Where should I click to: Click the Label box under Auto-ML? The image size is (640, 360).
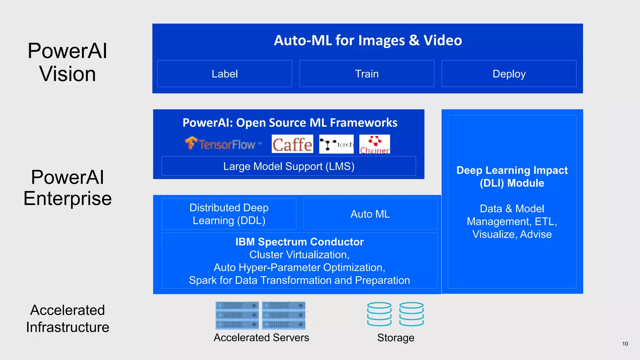tap(224, 74)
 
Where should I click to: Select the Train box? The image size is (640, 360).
tap(367, 74)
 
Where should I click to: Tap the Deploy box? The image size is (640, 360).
tap(509, 74)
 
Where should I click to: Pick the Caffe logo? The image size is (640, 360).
tap(292, 144)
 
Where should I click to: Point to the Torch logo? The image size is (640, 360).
tap(336, 144)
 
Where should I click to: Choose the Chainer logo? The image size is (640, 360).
tap(374, 144)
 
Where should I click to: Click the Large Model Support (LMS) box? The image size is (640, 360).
tap(289, 166)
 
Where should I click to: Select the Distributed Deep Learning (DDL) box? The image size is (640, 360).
tap(229, 214)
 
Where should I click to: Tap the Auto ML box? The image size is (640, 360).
tap(370, 214)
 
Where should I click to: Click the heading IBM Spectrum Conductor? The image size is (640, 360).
tap(299, 242)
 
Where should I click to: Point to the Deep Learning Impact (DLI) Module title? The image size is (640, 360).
tap(512, 177)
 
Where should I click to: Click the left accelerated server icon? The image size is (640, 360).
tap(237, 315)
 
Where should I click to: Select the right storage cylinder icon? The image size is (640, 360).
tap(411, 314)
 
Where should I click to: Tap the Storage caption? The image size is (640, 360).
tap(396, 338)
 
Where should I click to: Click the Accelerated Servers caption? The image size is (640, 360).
tap(261, 337)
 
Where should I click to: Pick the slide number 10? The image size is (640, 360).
tap(625, 344)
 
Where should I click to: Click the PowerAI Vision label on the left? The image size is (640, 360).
tap(67, 62)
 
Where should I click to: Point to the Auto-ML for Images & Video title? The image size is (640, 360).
tap(368, 40)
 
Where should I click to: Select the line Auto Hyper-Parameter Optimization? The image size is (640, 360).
tap(299, 267)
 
